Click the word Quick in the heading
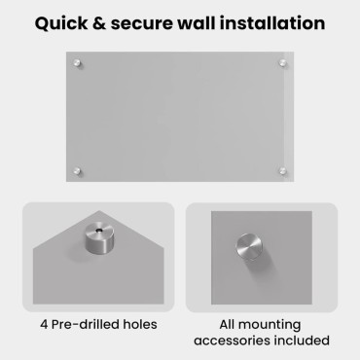click(x=61, y=24)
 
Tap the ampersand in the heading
click(x=99, y=23)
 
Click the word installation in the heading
click(x=272, y=23)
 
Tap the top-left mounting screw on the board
click(x=77, y=63)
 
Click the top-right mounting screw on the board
click(x=282, y=63)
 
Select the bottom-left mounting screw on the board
click(x=77, y=170)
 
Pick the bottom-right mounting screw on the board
click(x=282, y=170)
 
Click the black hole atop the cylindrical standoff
click(x=98, y=231)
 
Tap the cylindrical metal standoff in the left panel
click(x=99, y=237)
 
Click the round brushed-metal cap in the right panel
click(x=249, y=247)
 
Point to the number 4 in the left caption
click(x=44, y=324)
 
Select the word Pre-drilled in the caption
click(x=86, y=324)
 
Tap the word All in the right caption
click(x=227, y=324)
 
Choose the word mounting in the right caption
click(x=270, y=325)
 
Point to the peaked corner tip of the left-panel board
click(x=99, y=211)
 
